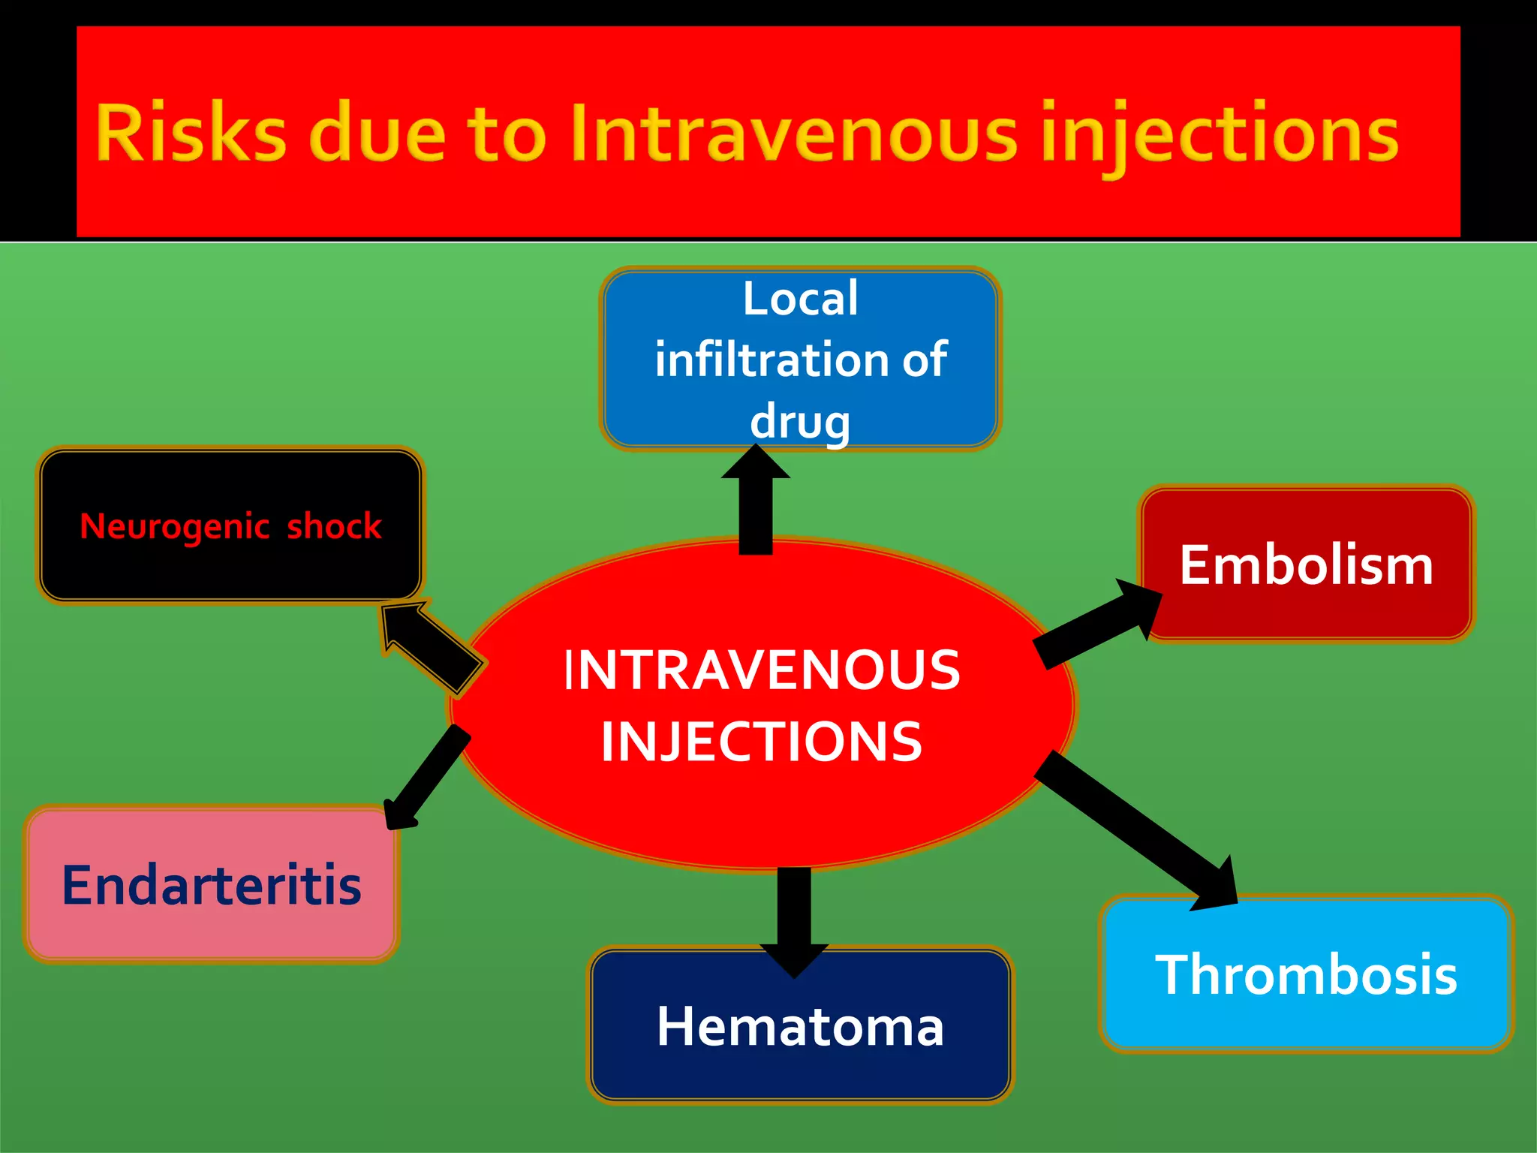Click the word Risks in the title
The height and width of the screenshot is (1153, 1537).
pyautogui.click(x=191, y=134)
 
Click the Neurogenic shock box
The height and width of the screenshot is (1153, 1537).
pyautogui.click(x=230, y=525)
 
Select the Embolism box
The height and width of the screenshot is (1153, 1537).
pyautogui.click(x=1306, y=564)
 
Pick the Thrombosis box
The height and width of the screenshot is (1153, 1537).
pyautogui.click(x=1306, y=974)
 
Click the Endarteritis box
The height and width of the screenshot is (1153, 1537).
pyautogui.click(x=212, y=885)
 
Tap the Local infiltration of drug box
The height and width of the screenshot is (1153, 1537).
pyautogui.click(x=800, y=359)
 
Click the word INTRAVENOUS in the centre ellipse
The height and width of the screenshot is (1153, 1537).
pyautogui.click(x=761, y=670)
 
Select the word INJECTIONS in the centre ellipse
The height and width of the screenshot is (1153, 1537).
pyautogui.click(x=761, y=742)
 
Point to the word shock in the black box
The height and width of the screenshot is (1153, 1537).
pyautogui.click(x=335, y=526)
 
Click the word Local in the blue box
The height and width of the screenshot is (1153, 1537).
pyautogui.click(x=800, y=299)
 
